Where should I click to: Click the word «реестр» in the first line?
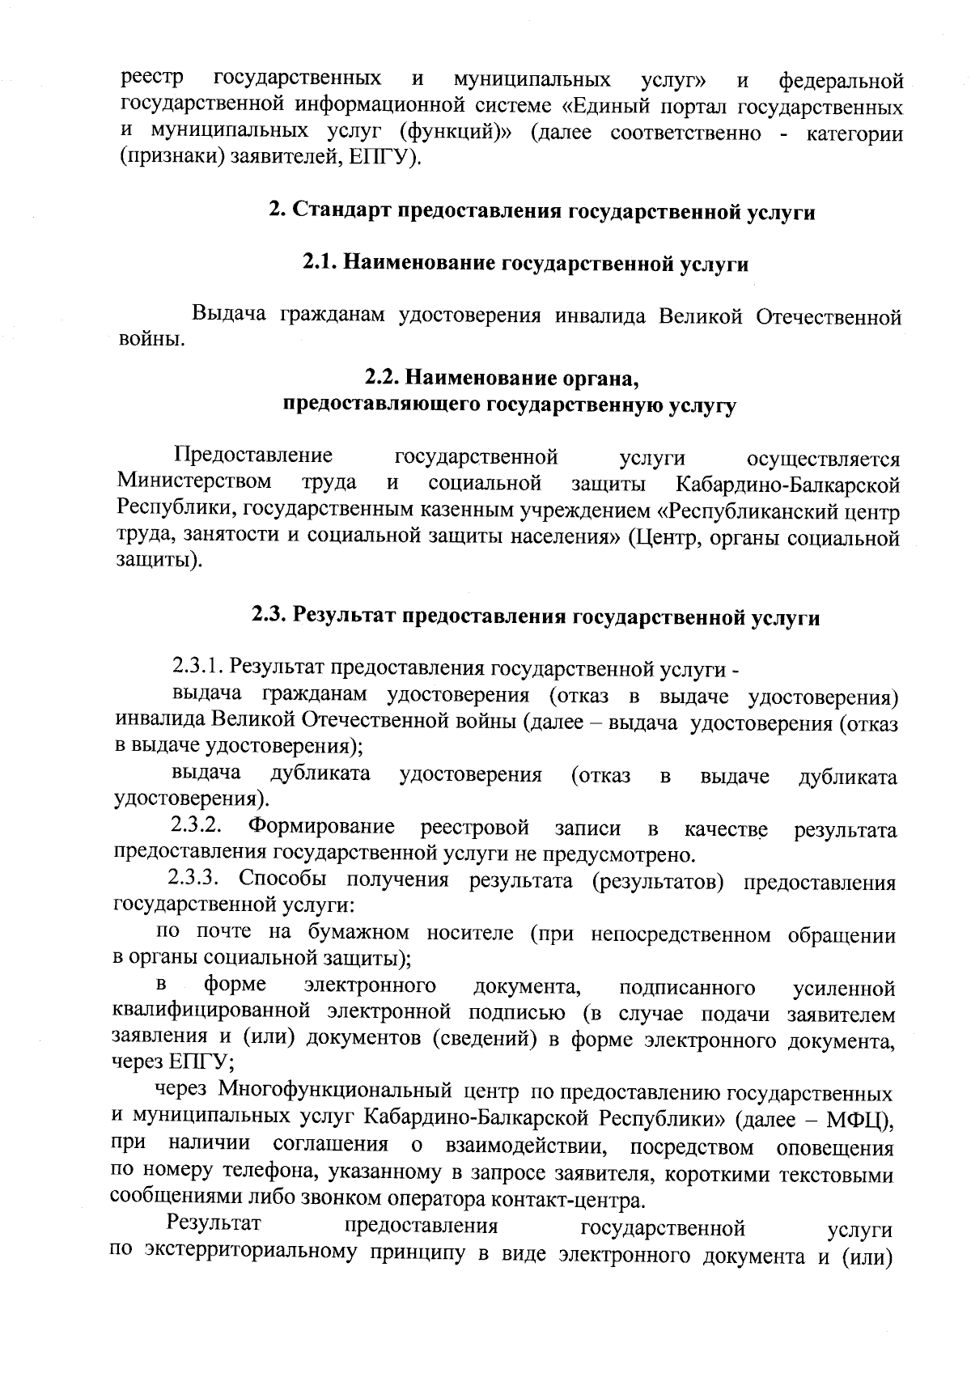[151, 80]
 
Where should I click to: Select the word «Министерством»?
[194, 484]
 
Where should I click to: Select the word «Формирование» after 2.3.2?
[322, 828]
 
